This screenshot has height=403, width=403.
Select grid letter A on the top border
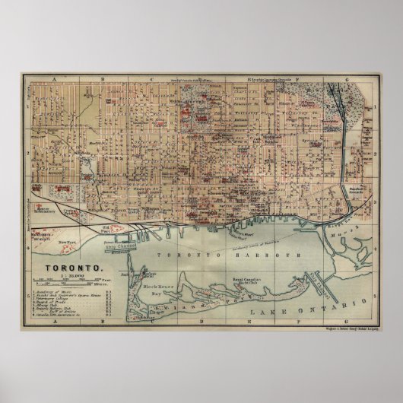click(x=54, y=78)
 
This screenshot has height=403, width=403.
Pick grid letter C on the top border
click(x=151, y=78)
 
